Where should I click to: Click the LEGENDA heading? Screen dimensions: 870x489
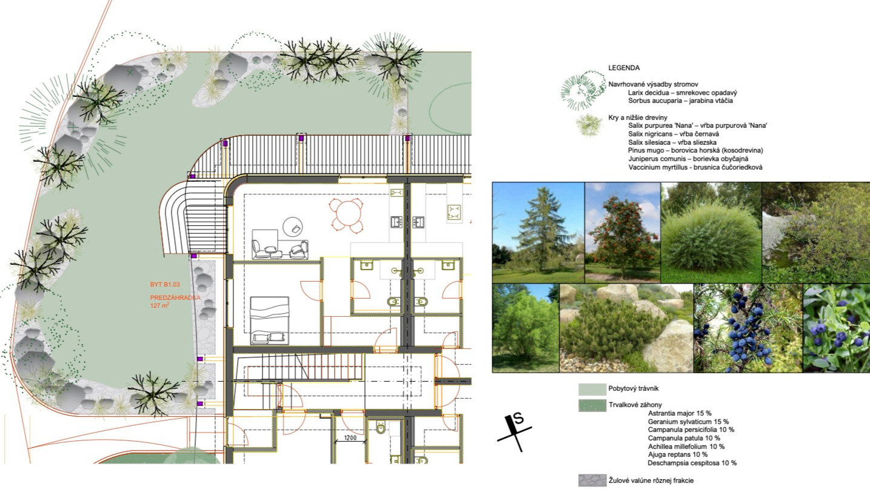(x=624, y=68)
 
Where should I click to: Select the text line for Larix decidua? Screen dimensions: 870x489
(x=683, y=93)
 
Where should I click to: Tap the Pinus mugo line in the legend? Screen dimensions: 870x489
(x=695, y=150)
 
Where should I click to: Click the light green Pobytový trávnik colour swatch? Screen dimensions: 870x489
(x=592, y=389)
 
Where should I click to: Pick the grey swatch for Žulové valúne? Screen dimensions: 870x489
(x=592, y=481)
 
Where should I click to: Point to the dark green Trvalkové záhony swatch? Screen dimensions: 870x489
(x=592, y=405)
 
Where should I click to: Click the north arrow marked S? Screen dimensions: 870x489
(x=515, y=432)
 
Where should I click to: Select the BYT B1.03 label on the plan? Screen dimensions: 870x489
(x=165, y=284)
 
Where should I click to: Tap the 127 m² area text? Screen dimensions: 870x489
(x=159, y=305)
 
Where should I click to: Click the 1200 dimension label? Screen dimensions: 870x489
(x=350, y=438)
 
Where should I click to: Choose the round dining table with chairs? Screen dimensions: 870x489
(x=346, y=215)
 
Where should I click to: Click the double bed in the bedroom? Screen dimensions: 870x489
(x=270, y=321)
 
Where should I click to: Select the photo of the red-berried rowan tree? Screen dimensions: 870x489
(x=623, y=233)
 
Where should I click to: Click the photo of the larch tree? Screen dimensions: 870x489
(x=538, y=233)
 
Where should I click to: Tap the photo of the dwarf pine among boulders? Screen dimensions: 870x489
(x=626, y=328)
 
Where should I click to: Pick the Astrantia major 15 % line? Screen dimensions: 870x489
(x=680, y=413)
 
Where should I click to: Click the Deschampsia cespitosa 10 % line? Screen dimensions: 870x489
(x=692, y=463)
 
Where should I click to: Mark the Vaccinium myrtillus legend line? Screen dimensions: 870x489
(x=695, y=167)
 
